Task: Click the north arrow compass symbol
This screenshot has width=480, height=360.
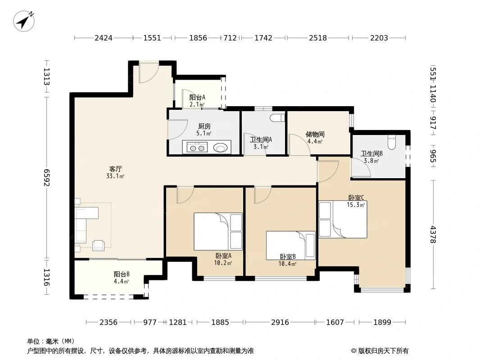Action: [x=23, y=21]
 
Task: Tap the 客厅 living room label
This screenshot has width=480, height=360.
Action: [x=116, y=169]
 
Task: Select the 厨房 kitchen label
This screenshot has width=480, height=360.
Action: [x=204, y=126]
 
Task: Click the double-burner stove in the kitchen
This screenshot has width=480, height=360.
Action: [x=197, y=148]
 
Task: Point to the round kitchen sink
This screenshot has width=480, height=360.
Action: [x=220, y=148]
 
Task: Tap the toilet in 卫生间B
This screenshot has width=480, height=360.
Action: [x=392, y=142]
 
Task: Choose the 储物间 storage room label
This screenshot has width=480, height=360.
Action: [x=315, y=134]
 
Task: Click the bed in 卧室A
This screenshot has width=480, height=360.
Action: [x=218, y=232]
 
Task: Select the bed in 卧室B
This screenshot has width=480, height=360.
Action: [x=291, y=245]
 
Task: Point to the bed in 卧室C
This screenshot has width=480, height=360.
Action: [x=343, y=219]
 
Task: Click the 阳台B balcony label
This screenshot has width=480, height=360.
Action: [x=122, y=274]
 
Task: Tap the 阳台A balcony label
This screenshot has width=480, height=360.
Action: [x=197, y=98]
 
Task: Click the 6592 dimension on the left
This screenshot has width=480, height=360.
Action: [x=46, y=177]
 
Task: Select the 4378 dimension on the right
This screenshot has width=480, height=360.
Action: [x=433, y=234]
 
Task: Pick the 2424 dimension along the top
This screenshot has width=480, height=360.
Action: [x=104, y=38]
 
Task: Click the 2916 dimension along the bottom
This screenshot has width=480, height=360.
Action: [x=280, y=322]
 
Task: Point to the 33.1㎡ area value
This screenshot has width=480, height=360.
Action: [x=115, y=176]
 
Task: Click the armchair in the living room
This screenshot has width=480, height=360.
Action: [x=98, y=245]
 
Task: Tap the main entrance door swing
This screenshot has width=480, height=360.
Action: [x=149, y=72]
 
